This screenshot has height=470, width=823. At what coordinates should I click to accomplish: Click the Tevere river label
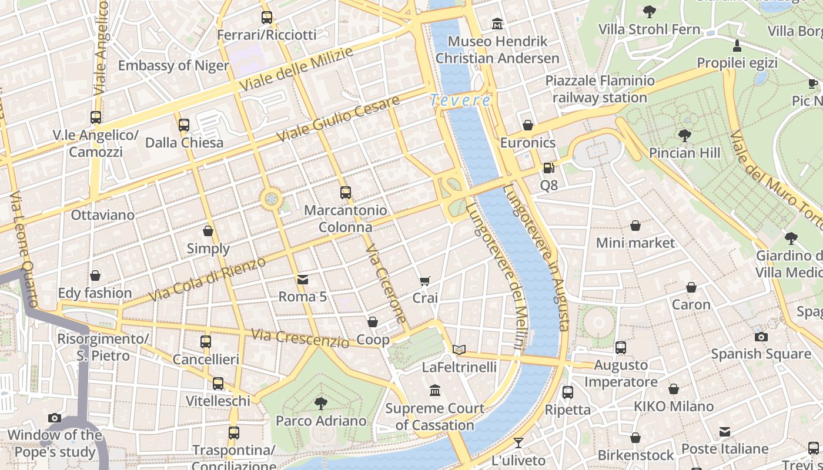460,100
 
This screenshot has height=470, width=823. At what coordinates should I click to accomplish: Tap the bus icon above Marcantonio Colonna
346,192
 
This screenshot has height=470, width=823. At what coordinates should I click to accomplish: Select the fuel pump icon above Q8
548,168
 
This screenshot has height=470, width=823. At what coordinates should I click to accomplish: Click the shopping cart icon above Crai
425,281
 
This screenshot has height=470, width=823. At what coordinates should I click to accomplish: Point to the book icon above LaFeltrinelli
459,350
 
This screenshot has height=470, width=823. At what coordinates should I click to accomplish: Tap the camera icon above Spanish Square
761,337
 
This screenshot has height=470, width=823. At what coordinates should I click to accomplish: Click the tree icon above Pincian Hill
684,136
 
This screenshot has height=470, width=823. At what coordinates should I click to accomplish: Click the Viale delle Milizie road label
296,70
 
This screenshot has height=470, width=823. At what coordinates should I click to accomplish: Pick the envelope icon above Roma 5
303,279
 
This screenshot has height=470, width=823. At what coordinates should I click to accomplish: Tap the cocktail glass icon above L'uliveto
518,443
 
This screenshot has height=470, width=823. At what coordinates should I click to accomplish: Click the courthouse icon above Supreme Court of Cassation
435,391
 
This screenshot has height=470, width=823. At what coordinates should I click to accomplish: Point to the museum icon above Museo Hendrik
498,24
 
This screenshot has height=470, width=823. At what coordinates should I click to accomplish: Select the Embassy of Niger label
173,65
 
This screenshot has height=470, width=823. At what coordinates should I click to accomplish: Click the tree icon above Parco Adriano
321,403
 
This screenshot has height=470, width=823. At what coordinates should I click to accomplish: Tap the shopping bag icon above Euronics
528,125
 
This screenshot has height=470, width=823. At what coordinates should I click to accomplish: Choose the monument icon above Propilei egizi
737,45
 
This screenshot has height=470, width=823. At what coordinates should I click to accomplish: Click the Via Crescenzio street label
300,338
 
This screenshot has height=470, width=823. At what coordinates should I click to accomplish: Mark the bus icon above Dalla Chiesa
184,125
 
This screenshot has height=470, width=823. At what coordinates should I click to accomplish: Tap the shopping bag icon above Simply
208,231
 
